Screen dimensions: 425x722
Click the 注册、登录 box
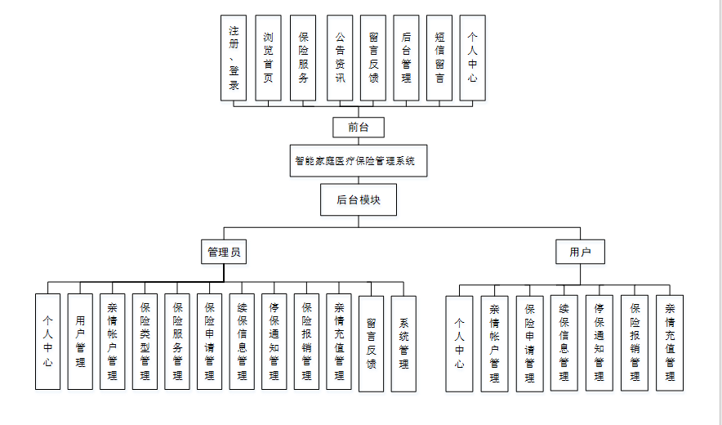tap(234, 58)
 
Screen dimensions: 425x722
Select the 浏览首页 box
tap(268, 58)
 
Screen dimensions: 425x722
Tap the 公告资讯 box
tap(340, 58)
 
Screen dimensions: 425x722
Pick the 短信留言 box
tap(439, 58)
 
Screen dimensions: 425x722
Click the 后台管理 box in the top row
tap(406, 58)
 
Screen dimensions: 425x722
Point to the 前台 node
tap(359, 127)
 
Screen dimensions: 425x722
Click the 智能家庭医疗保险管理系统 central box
tap(359, 161)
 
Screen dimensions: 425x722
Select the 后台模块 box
tap(359, 199)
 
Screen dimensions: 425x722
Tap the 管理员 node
tap(224, 252)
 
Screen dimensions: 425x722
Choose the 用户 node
tap(580, 252)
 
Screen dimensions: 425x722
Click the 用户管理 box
tap(80, 342)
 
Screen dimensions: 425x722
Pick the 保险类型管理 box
tap(145, 342)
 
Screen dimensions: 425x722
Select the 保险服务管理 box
tap(177, 342)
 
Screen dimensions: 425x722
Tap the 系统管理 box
tap(403, 344)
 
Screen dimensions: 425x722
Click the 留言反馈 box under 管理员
tap(371, 344)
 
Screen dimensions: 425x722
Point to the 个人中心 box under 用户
tap(459, 343)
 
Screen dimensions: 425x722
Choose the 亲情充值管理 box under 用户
tap(670, 343)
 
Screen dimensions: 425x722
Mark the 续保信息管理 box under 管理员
tap(242, 342)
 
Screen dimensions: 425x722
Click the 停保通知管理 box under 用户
tap(599, 343)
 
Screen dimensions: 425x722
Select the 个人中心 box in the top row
tap(472, 58)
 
